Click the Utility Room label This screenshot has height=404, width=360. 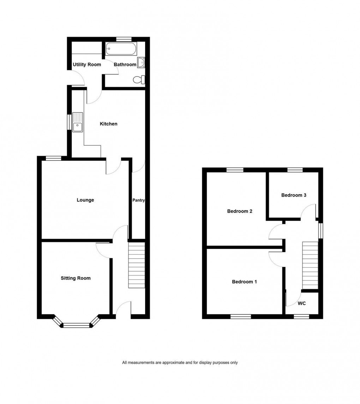[87, 65]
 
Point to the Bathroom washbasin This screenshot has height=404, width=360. [142, 63]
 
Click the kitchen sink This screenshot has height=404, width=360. [77, 122]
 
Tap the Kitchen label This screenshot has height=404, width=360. [108, 124]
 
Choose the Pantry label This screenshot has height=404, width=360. [138, 200]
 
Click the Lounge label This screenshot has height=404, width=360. [85, 200]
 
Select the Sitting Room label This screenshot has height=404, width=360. [76, 278]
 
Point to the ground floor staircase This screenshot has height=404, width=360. [137, 265]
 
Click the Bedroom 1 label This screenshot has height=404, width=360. [244, 282]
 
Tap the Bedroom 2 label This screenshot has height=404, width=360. [240, 212]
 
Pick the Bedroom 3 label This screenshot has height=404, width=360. [294, 195]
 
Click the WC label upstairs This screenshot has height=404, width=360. [302, 303]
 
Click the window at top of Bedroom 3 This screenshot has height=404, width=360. [295, 170]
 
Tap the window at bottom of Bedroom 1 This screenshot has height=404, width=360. [241, 316]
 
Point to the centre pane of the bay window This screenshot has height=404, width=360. [76, 325]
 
